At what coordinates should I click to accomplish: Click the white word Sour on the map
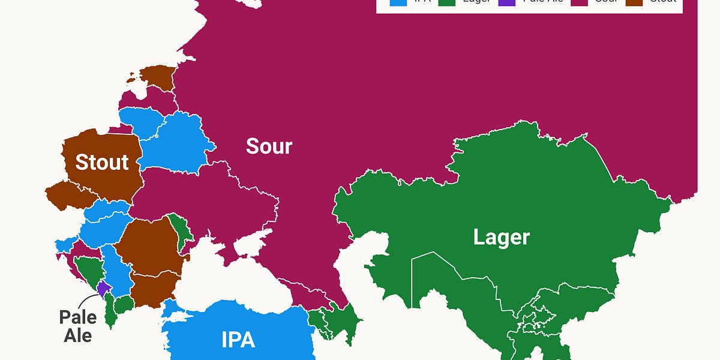click(x=269, y=146)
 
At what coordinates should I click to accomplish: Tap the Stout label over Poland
click(x=102, y=161)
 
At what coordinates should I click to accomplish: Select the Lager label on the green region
click(x=501, y=237)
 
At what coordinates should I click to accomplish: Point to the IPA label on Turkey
click(x=238, y=340)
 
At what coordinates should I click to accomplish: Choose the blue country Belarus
click(x=177, y=141)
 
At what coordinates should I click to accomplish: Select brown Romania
click(x=147, y=246)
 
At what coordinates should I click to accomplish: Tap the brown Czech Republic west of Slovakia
click(x=69, y=195)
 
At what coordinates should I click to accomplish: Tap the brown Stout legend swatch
click(x=634, y=2)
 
